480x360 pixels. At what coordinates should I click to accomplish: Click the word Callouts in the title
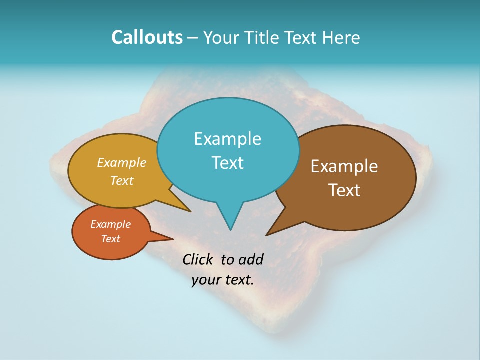[x=147, y=37]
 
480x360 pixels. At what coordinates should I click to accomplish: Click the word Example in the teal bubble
[x=227, y=139]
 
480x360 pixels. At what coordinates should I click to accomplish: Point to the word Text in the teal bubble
[x=227, y=163]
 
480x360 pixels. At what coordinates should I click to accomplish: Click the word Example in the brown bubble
[x=344, y=166]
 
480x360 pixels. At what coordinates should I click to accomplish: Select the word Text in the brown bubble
[x=344, y=190]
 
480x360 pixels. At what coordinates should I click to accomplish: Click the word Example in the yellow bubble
[x=122, y=163]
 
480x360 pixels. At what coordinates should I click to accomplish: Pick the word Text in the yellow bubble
[x=122, y=181]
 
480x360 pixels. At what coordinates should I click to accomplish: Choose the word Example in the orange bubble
[x=110, y=225]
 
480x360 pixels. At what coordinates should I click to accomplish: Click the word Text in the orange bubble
[x=110, y=239]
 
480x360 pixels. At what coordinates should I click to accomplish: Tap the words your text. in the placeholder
[x=223, y=280]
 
